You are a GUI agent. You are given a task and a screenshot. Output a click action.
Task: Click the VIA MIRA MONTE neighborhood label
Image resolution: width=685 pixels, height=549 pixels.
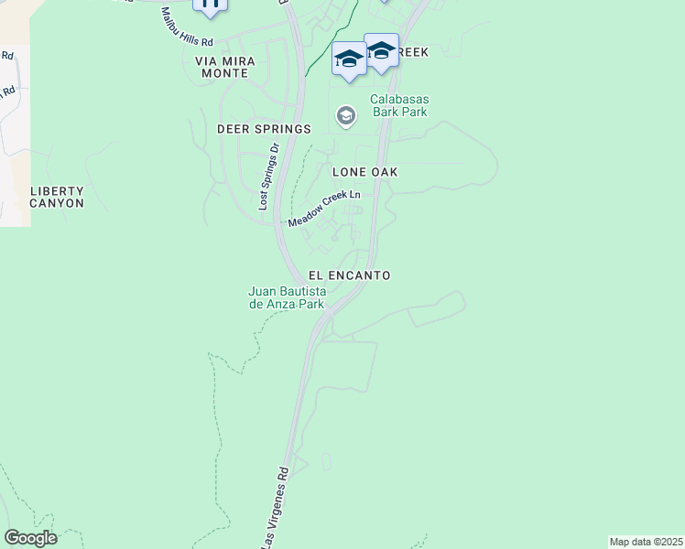(225, 67)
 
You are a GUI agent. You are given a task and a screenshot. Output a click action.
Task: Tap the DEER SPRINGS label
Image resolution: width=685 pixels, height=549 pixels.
(264, 129)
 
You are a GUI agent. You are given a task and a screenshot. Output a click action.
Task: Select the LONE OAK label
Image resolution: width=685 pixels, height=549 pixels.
(364, 172)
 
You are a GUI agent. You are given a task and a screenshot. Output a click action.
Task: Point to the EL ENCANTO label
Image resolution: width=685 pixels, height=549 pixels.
(349, 275)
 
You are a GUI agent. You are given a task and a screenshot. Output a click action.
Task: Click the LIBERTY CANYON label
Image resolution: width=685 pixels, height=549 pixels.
(57, 197)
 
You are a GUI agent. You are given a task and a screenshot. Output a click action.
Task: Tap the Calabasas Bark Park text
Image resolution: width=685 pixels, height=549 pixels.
(399, 106)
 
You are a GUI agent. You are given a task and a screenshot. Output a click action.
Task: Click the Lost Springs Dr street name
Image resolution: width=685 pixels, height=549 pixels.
(267, 177)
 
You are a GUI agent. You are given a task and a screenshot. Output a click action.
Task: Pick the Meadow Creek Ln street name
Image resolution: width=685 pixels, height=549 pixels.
(324, 210)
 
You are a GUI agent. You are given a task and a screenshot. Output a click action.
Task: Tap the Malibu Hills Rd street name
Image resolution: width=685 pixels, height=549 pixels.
(187, 28)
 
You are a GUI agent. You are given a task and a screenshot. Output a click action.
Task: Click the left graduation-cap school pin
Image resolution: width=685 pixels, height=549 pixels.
(348, 59)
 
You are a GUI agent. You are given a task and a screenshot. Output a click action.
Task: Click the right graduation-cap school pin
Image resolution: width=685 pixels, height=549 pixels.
(381, 50)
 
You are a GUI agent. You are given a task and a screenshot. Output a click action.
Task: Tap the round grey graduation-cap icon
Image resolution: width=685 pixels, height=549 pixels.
(345, 115)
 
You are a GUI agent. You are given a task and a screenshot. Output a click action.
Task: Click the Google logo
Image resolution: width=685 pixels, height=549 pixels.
(30, 538)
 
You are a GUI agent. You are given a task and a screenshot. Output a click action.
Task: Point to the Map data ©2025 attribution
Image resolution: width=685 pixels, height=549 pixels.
(647, 542)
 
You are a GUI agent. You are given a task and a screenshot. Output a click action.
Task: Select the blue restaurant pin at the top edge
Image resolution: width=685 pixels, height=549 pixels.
(210, 5)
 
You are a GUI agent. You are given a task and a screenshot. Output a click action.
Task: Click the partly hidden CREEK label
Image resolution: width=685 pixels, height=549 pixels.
(413, 53)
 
